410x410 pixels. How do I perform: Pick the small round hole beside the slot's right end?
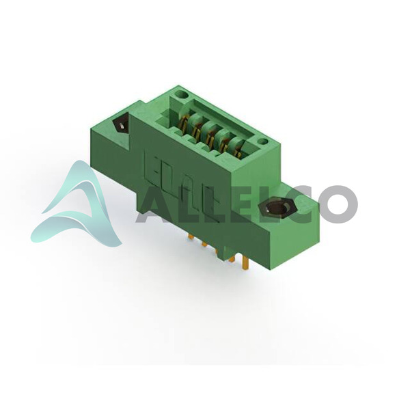pos(262,142)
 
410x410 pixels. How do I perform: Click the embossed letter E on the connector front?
pos(151,165)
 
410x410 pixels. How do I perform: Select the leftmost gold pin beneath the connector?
pos(191,236)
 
